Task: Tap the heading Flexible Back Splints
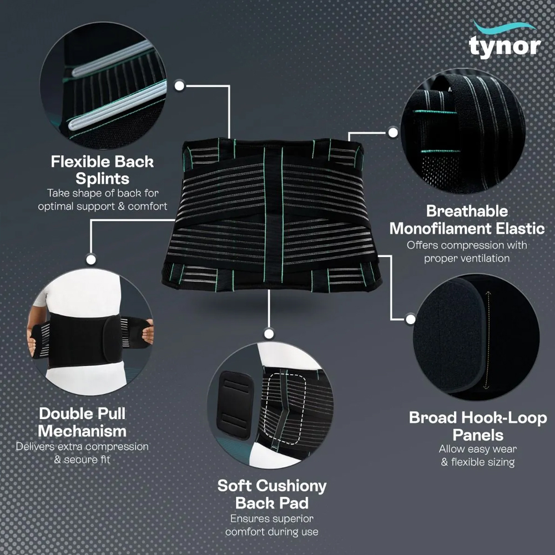102,170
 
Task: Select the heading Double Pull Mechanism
82,422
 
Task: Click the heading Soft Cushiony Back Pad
272,494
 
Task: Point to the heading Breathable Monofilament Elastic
467,220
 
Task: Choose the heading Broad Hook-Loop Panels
478,426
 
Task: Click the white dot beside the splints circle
180,85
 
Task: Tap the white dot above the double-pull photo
91,259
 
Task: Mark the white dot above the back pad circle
269,334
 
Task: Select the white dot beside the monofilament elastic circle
393,133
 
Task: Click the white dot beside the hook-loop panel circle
411,319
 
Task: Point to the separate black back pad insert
234,405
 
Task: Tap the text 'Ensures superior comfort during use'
272,525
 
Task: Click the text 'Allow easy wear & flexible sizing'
478,456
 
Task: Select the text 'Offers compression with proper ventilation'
467,251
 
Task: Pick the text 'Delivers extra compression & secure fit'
82,453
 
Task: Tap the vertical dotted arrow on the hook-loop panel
488,340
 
